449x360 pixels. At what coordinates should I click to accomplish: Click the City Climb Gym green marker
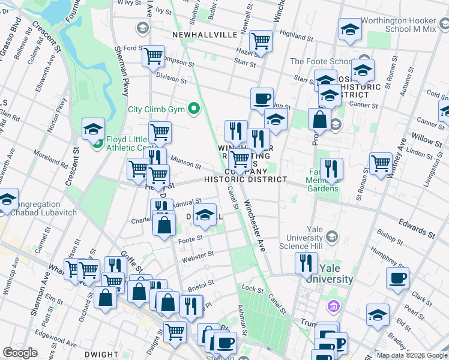pos(193,109)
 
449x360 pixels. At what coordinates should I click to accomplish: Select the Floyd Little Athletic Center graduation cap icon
pos(93,128)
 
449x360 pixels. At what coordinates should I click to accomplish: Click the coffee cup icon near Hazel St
pos(261,98)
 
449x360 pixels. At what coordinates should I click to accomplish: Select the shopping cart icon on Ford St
pos(154,56)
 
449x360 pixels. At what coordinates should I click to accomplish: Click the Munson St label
pos(184,160)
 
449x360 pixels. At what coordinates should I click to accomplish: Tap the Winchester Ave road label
pos(254,227)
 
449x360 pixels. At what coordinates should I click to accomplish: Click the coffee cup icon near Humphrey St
pos(397,278)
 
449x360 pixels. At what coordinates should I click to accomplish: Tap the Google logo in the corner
pos(20,353)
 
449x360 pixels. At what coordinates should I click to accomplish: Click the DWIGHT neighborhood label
pos(101,355)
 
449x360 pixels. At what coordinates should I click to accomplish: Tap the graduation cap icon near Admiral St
pos(205,214)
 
